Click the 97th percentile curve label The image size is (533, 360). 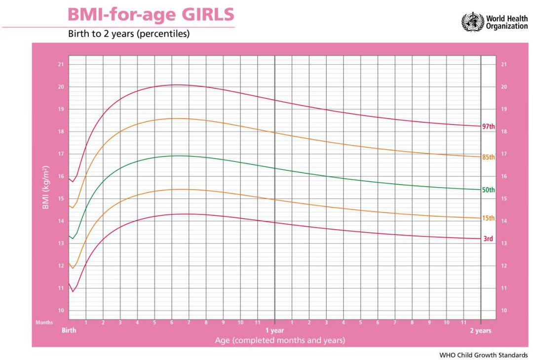pos(488,126)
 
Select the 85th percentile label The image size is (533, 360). pos(488,157)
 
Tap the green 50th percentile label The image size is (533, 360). pos(488,190)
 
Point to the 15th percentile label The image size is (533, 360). pos(488,218)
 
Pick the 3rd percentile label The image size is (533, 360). pos(488,239)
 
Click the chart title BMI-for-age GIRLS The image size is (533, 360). pos(151,14)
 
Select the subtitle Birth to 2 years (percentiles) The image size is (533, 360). pos(129,35)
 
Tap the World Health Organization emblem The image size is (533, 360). pos(472,22)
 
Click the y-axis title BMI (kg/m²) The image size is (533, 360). pos(45,187)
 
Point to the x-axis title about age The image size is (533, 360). pos(280,340)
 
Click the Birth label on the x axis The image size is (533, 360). pos(69,330)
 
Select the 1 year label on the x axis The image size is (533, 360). pos(274,330)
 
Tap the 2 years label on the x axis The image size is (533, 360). pos(480,330)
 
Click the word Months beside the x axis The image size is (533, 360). pos(44,322)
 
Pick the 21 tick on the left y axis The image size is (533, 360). pos(61,64)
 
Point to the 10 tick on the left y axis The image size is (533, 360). pos(61,311)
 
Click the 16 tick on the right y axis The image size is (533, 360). pos(503,176)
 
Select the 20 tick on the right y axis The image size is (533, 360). pos(503,87)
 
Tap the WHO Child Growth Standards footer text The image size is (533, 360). pos(483,355)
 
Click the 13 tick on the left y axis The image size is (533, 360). pos(61,243)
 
